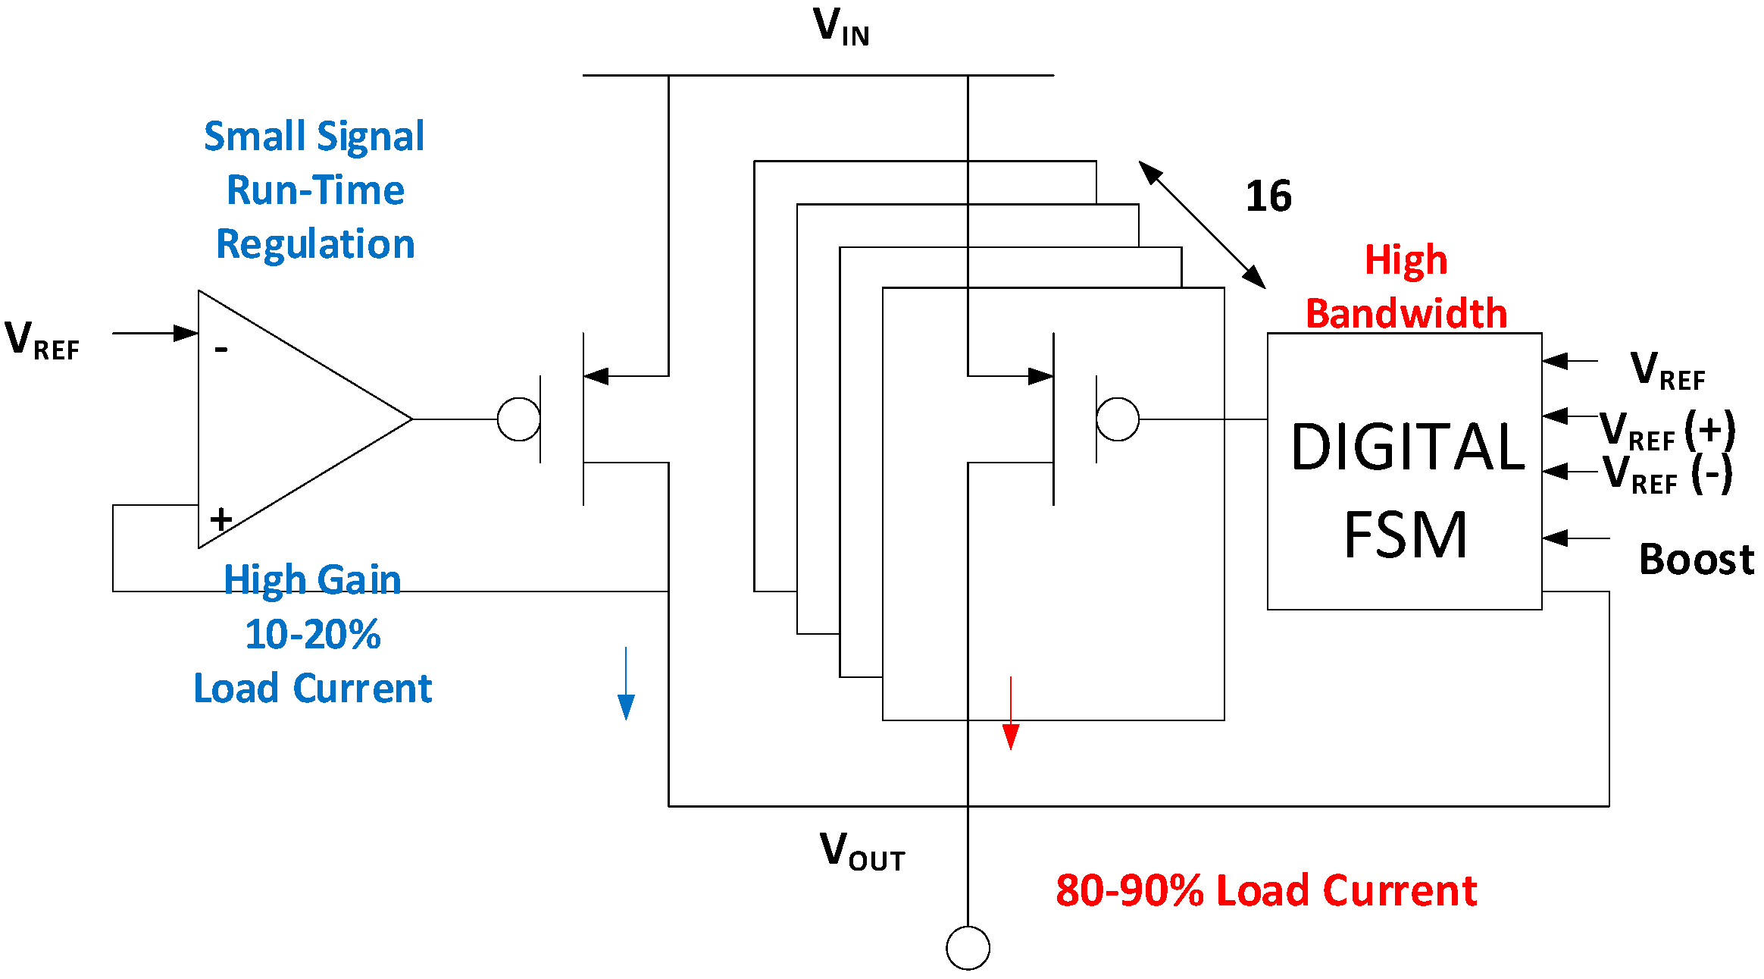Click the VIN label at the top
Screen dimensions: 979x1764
[x=840, y=27]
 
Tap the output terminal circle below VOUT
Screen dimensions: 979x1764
[x=968, y=948]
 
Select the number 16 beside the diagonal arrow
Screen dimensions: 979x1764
[x=1268, y=196]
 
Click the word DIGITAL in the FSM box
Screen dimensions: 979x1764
[x=1407, y=447]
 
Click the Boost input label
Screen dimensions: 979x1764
[x=1696, y=560]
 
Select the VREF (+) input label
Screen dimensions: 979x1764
[x=1667, y=431]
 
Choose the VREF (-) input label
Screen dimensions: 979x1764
[x=1667, y=475]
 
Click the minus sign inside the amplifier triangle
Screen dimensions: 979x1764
[x=221, y=350]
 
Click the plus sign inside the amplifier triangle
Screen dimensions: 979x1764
[x=221, y=520]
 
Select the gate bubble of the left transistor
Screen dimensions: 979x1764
[x=519, y=419]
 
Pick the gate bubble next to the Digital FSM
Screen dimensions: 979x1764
[x=1118, y=419]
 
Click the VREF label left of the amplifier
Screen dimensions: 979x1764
[x=42, y=339]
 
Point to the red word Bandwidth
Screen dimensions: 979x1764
[x=1406, y=314]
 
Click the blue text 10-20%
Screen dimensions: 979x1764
[x=313, y=634]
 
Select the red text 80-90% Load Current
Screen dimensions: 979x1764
[x=1265, y=890]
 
